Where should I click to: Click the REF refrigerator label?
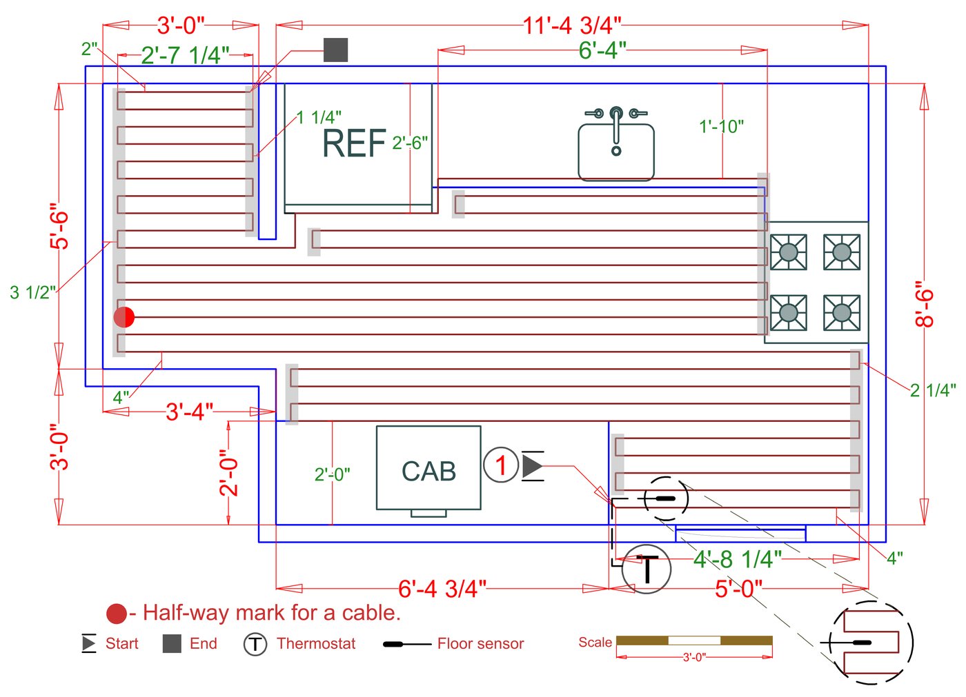[353, 143]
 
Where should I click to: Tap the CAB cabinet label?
[428, 472]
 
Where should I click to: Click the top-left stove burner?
[788, 252]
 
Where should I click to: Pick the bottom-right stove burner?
[842, 312]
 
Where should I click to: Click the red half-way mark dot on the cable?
[124, 317]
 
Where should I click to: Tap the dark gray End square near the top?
[336, 50]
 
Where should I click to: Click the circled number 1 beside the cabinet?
[501, 465]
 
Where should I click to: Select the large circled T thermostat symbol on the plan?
[647, 569]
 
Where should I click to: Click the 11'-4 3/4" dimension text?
[572, 26]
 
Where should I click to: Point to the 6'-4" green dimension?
[602, 50]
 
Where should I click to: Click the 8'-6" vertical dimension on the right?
[925, 304]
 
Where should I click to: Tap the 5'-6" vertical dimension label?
[59, 225]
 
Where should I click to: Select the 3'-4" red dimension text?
[189, 412]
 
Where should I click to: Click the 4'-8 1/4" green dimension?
[738, 558]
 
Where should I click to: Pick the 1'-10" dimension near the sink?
[721, 127]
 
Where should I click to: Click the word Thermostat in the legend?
[316, 644]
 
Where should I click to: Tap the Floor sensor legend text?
[480, 644]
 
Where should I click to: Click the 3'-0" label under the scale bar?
[694, 658]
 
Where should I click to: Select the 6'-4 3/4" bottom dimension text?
[442, 589]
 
